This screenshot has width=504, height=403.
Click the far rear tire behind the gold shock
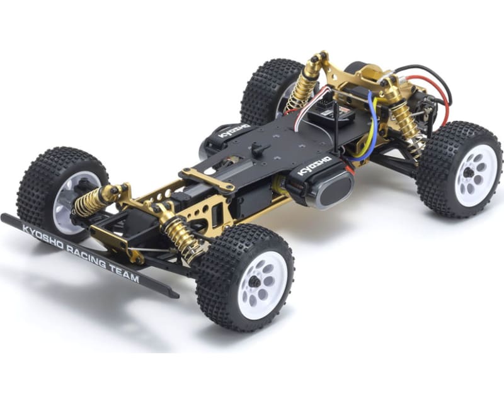coord(268,88)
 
